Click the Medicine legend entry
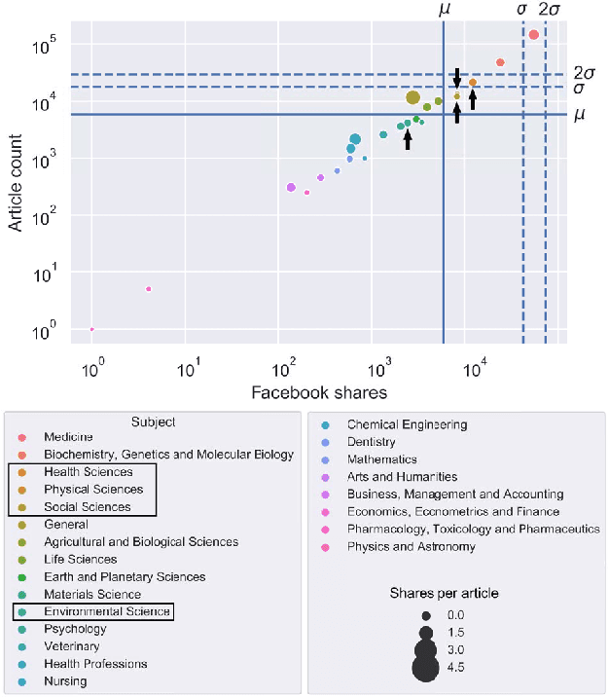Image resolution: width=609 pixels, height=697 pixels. tap(68, 437)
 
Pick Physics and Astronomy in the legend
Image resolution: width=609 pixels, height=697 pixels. tap(411, 547)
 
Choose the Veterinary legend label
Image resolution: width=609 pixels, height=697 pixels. tap(71, 646)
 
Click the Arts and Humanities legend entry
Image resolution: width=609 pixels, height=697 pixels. tap(402, 477)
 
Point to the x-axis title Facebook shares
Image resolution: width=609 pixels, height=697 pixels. tap(319, 392)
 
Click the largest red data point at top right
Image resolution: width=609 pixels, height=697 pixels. tap(533, 34)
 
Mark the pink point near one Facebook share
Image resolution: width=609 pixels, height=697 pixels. tap(92, 329)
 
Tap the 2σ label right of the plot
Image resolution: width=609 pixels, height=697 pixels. tap(585, 73)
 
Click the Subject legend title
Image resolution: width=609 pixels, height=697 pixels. tap(153, 422)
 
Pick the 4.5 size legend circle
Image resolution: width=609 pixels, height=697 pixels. tap(425, 668)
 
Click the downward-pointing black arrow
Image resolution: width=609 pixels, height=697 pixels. tap(457, 78)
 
